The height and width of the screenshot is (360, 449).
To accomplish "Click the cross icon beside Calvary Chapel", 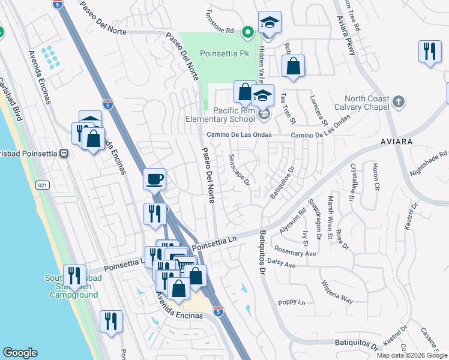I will click(x=399, y=103).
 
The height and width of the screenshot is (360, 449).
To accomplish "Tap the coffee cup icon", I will click(x=155, y=178).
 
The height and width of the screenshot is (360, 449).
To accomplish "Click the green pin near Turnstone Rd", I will click(x=247, y=32).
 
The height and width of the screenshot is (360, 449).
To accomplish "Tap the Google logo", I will click(x=20, y=353).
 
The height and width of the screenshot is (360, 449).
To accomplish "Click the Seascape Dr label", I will click(x=239, y=169).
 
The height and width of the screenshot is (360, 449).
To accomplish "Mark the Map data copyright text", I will click(x=412, y=355).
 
